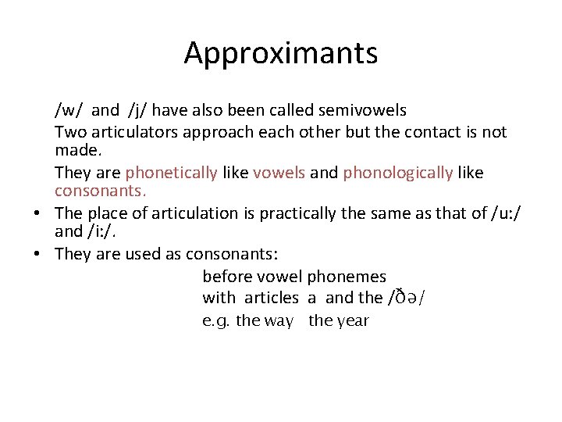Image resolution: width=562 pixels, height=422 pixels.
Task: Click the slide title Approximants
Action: pyautogui.click(x=281, y=54)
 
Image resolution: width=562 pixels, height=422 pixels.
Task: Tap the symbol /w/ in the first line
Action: pyautogui.click(x=68, y=111)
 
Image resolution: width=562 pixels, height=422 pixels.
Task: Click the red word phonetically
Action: pyautogui.click(x=171, y=172)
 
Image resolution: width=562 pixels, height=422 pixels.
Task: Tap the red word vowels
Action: pyautogui.click(x=279, y=172)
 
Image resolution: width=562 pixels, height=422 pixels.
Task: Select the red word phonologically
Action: pyautogui.click(x=398, y=172)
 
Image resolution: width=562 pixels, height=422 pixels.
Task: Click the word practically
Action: pyautogui.click(x=311, y=213)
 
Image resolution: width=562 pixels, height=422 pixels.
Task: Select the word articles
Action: pyautogui.click(x=271, y=298)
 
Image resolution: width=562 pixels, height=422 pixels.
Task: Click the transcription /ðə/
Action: pyautogui.click(x=406, y=298)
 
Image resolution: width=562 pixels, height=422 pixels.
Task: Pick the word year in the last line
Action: pyautogui.click(x=350, y=321)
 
